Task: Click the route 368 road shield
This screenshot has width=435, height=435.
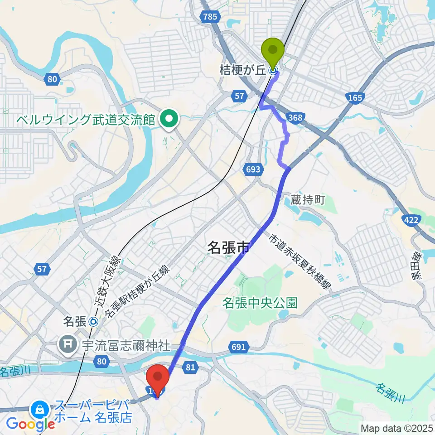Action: click(294, 118)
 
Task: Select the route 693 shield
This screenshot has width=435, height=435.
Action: click(254, 169)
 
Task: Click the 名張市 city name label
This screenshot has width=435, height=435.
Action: click(228, 247)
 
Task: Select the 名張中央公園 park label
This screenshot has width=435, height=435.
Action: click(260, 303)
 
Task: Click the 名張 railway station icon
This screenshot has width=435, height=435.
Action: click(93, 322)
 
